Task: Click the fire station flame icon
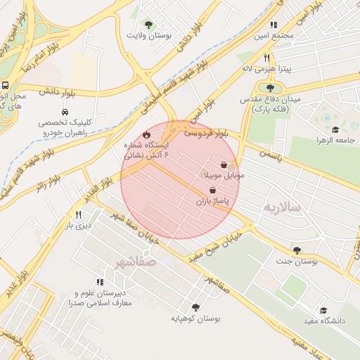146,134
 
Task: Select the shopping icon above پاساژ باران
212,191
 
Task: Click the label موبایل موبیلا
224,174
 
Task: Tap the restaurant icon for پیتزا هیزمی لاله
266,58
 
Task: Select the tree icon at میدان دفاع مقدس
271,88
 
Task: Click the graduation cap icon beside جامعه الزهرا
335,131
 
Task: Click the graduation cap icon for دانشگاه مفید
323,310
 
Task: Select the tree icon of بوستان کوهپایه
195,307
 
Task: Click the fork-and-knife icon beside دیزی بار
79,215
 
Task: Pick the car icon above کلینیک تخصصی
65,111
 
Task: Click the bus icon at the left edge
5,85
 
